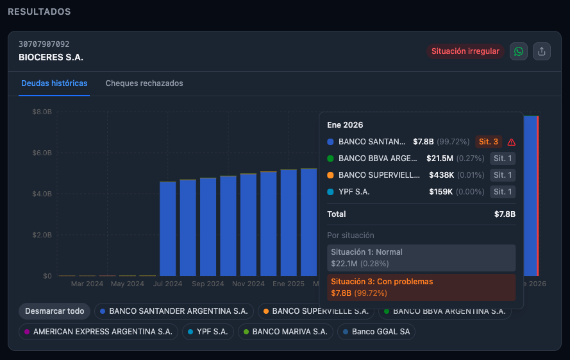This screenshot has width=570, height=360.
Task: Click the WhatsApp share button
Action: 519,51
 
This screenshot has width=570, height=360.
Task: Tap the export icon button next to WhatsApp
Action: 542,51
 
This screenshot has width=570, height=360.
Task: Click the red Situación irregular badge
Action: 465,51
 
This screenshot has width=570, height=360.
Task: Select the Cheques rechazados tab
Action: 144,83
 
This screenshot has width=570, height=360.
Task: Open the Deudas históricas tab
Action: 54,83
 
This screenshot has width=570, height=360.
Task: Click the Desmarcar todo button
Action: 54,311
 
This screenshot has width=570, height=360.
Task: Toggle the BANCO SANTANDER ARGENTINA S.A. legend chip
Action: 174,311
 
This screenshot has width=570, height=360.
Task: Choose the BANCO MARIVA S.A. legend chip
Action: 285,332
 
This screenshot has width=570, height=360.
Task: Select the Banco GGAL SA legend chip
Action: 376,332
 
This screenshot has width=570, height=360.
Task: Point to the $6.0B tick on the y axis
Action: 42,153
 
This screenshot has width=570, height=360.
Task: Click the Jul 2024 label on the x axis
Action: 168,284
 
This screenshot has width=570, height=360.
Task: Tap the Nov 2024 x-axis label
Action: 248,284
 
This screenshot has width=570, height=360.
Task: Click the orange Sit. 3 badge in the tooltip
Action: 489,142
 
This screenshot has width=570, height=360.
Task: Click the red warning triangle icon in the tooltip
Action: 511,142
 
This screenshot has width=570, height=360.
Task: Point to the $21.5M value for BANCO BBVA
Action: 439,159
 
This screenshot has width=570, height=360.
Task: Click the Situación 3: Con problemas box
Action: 421,287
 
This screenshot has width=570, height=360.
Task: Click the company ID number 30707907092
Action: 44,44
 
